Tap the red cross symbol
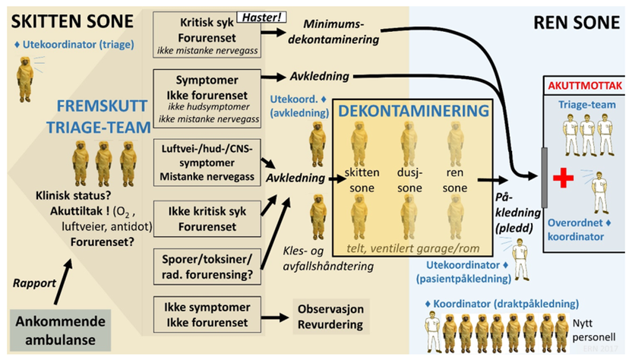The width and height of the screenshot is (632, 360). click(x=563, y=178)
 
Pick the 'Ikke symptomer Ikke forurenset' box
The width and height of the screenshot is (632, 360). click(x=206, y=315)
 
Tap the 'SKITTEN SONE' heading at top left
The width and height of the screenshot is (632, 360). click(x=67, y=17)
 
